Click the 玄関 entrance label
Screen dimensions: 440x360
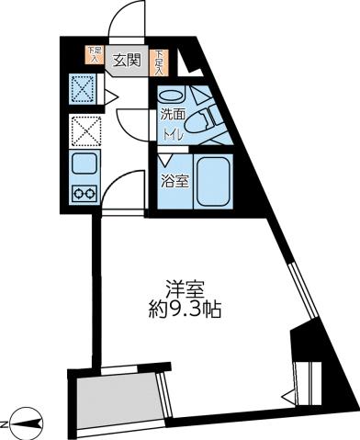[126, 61]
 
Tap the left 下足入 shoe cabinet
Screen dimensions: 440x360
[93, 56]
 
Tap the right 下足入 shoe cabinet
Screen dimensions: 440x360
[160, 61]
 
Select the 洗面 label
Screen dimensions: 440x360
[172, 115]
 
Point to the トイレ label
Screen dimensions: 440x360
[172, 134]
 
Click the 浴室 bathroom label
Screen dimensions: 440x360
[174, 181]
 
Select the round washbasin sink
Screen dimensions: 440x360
[172, 95]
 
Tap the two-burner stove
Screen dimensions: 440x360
[84, 194]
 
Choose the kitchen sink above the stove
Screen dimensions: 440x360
[84, 167]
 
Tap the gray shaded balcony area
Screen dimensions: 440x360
[118, 401]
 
